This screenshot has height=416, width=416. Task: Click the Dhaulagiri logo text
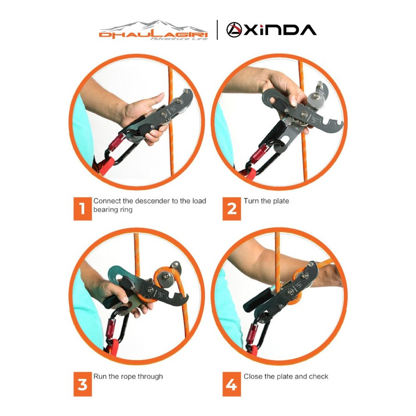pyautogui.click(x=153, y=35)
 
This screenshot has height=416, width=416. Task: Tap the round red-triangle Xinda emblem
pyautogui.click(x=234, y=30)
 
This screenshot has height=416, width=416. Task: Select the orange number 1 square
pyautogui.click(x=83, y=209)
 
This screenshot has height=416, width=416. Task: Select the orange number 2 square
pyautogui.click(x=232, y=209)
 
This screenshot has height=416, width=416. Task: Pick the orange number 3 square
pyautogui.click(x=83, y=384)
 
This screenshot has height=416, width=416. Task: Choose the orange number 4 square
pyautogui.click(x=232, y=384)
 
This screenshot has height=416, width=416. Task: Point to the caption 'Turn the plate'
pyautogui.click(x=266, y=201)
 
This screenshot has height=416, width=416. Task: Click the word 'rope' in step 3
pyautogui.click(x=128, y=377)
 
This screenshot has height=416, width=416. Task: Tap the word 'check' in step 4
pyautogui.click(x=318, y=376)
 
